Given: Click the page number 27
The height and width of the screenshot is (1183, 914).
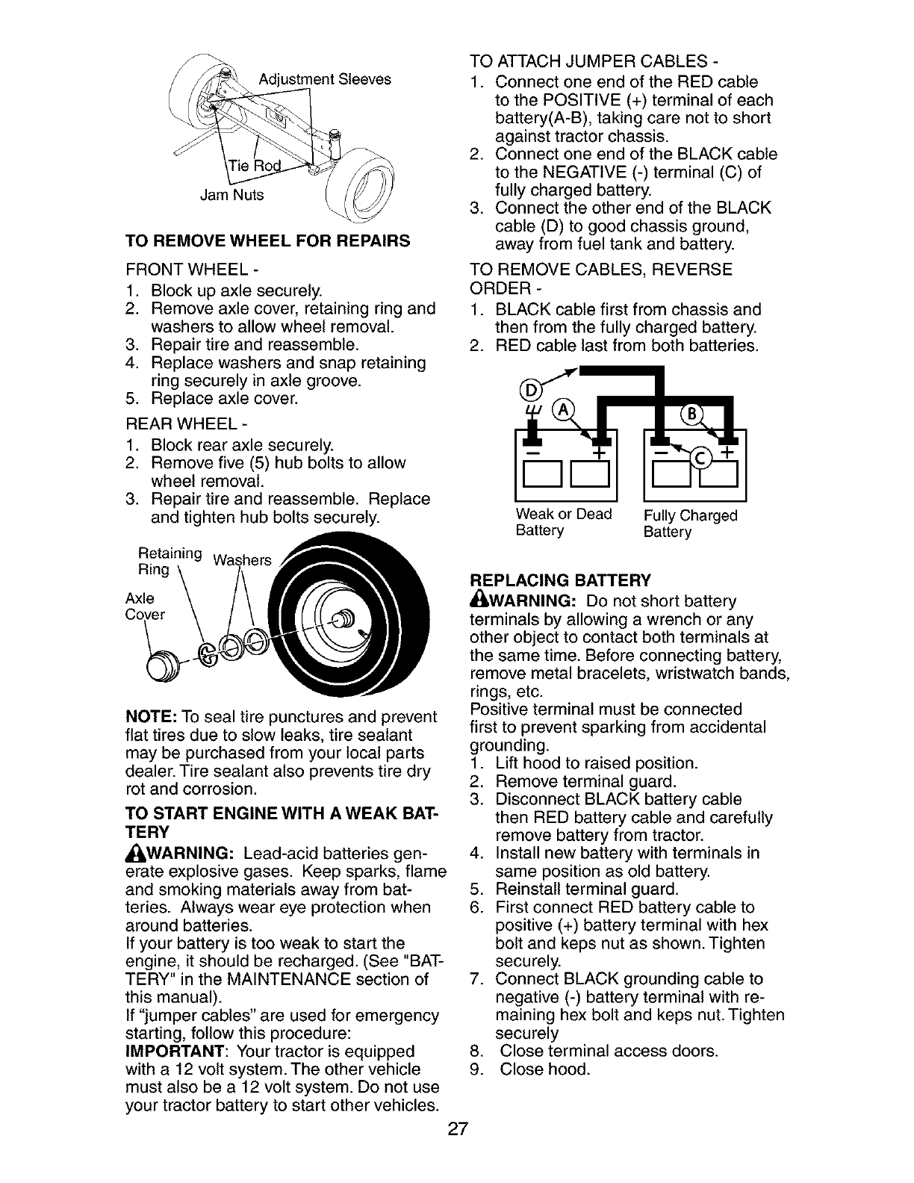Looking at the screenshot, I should (x=457, y=1128).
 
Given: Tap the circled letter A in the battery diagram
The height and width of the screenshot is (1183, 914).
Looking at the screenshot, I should (x=559, y=411).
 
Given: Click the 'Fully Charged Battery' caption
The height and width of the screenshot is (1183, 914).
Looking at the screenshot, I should (x=690, y=524).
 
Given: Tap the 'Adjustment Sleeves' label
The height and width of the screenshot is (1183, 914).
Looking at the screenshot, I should (x=325, y=79).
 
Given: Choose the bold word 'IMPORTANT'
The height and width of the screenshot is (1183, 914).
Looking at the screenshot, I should (x=172, y=1052).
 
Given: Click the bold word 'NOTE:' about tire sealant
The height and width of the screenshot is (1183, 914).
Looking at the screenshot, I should (x=150, y=717).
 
